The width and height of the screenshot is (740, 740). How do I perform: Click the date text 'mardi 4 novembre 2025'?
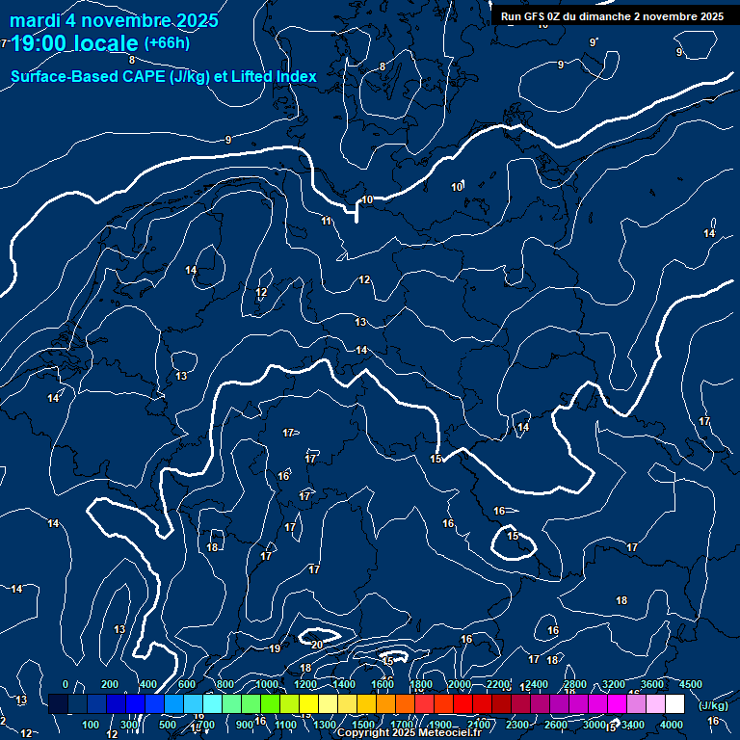click(114, 20)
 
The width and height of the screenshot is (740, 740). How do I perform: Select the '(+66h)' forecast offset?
click(167, 42)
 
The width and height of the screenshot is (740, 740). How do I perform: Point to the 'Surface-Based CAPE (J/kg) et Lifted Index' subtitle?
click(164, 76)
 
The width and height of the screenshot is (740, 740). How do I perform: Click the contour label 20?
click(317, 644)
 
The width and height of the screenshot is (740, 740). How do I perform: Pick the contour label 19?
click(275, 648)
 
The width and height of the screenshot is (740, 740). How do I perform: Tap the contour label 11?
click(327, 222)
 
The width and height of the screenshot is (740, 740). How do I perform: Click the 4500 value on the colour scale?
click(690, 684)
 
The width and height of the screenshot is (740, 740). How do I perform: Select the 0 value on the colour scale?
click(65, 684)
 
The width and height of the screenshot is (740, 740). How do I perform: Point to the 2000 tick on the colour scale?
click(459, 684)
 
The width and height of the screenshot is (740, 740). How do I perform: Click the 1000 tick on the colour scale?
click(266, 684)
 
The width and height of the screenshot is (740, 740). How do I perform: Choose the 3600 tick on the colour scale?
click(651, 684)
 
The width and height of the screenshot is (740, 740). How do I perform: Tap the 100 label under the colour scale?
click(92, 725)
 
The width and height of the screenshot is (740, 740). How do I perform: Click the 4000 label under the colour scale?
click(672, 725)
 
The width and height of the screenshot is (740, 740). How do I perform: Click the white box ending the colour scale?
click(674, 704)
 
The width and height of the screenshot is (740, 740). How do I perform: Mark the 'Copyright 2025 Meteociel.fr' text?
click(410, 733)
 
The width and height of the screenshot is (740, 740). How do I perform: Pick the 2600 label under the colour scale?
click(556, 725)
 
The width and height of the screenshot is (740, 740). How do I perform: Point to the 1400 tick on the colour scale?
click(343, 684)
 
